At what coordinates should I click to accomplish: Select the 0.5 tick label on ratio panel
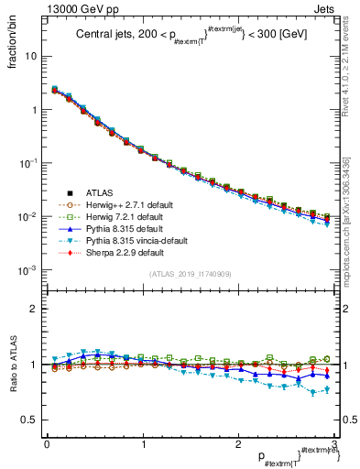point(27,419)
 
